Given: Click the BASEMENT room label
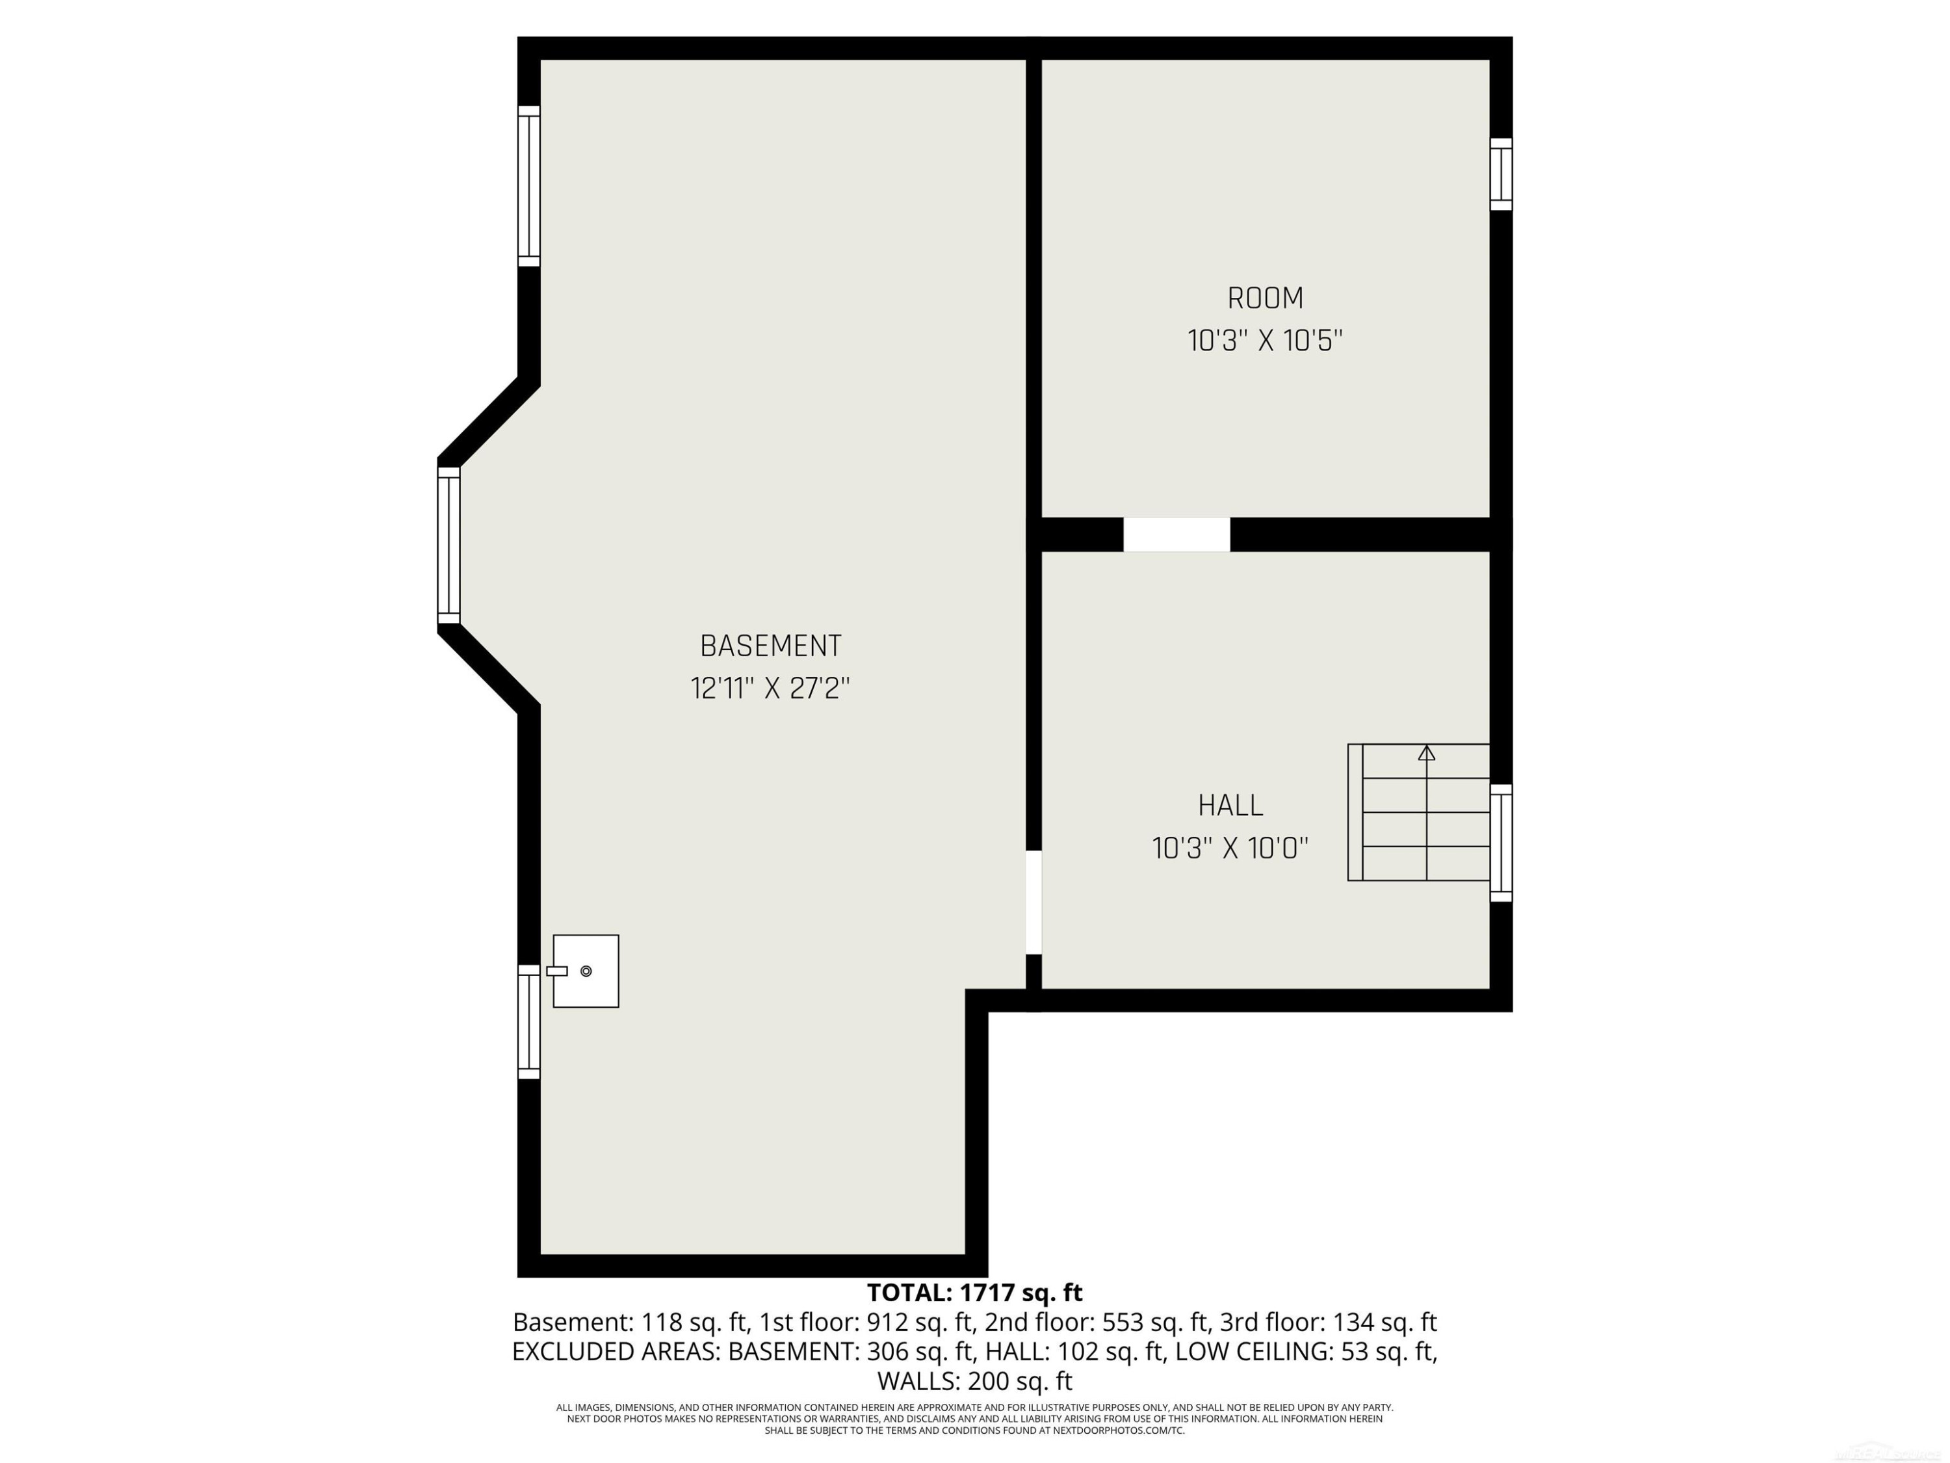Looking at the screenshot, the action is tap(770, 646).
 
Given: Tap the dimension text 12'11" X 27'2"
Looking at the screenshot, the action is tap(770, 688).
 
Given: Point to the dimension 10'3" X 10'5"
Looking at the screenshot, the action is tap(1265, 341).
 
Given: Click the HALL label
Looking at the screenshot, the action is tap(1230, 805).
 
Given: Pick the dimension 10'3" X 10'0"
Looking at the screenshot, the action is tap(1230, 849).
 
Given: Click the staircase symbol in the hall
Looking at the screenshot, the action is tap(1418, 812).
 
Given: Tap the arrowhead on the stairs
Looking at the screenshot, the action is tap(1426, 753).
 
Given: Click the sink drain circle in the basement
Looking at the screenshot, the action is tap(586, 971).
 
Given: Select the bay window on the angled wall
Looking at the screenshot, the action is tap(448, 545).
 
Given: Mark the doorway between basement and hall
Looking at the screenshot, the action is tap(1034, 902).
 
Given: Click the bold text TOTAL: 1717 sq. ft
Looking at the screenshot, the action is tap(974, 1293).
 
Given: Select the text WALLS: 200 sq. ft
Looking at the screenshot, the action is tap(975, 1380).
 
